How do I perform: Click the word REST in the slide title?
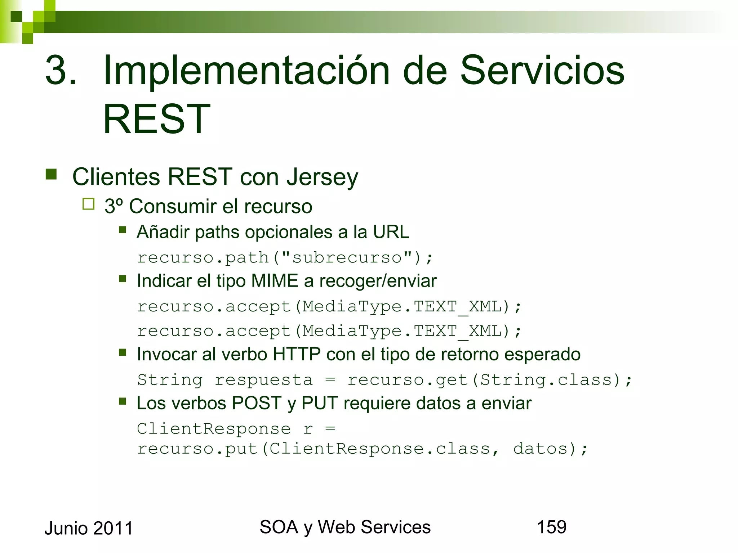pos(157,119)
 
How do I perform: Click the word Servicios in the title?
pos(542,70)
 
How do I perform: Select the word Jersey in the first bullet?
pos(322,177)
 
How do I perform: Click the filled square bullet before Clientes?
pos(51,174)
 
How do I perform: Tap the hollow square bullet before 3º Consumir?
pos(88,204)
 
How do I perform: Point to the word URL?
pos(391,232)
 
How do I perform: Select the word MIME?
pos(275,281)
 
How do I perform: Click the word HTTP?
pos(296,354)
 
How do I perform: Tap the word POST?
pos(257,403)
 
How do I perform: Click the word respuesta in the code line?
pos(264,380)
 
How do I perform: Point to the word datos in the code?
pos(541,449)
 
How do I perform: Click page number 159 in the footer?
pos(551,527)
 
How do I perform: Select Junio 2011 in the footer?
pos(89,529)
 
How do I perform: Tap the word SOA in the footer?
pos(279,527)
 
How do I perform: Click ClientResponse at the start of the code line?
pos(214,429)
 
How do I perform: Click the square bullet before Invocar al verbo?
pos(123,352)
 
